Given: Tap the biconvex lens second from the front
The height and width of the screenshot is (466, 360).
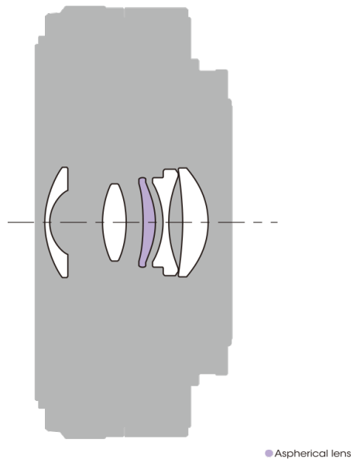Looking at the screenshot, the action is click(115, 222).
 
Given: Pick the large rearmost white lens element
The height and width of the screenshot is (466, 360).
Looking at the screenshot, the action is click(194, 222).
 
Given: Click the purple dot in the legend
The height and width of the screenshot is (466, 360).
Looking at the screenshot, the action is click(269, 453).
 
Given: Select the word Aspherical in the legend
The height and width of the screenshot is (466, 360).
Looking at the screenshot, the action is click(301, 454).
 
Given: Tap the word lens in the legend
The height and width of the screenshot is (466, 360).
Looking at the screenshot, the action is click(341, 454).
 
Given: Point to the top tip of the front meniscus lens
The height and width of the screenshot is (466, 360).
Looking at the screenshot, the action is click(65, 168).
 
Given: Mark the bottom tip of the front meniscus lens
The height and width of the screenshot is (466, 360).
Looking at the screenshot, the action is click(65, 277).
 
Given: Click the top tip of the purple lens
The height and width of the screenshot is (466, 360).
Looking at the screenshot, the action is click(142, 178).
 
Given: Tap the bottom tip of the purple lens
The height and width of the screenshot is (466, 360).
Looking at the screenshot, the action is click(142, 266).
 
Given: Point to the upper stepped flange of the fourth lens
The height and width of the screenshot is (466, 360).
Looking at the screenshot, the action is click(163, 175).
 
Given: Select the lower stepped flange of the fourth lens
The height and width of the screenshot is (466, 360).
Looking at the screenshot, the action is click(163, 269).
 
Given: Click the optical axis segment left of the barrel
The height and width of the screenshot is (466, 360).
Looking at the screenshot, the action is click(21, 222).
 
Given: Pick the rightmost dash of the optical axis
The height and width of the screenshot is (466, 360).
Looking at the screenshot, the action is click(274, 222).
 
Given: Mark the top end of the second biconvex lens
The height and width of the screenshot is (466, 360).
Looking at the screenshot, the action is click(115, 184).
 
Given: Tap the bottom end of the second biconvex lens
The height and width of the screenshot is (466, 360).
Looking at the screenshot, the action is click(115, 261).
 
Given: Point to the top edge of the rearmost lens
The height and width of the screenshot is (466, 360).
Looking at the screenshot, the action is click(183, 168).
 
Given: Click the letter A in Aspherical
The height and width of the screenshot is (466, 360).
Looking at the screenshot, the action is click(278, 453).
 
